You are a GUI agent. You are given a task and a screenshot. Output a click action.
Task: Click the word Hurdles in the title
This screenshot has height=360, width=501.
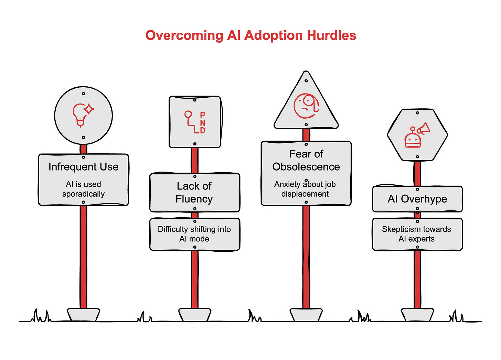(x=331, y=35)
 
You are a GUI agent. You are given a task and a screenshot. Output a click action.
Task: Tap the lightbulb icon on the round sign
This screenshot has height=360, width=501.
(x=83, y=114)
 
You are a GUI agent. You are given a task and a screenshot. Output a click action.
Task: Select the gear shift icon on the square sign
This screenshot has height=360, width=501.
(x=195, y=122)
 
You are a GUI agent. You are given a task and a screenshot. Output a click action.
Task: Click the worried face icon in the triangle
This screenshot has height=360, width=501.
(x=306, y=106)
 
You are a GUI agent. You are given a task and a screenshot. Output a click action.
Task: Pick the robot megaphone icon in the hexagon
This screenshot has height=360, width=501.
(x=417, y=135)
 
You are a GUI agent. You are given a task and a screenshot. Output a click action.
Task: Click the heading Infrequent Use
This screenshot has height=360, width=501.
(x=83, y=167)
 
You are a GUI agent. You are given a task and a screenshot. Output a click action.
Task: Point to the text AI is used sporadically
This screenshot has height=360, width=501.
(x=83, y=189)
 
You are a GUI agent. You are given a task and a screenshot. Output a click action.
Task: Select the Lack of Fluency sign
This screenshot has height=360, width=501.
(x=194, y=193)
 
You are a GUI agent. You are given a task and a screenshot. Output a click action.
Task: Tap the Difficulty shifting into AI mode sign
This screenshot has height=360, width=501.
(x=194, y=234)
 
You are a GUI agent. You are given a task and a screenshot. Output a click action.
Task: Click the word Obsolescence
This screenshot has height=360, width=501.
(x=306, y=167)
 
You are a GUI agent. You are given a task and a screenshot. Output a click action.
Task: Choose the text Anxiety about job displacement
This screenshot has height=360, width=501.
(x=305, y=189)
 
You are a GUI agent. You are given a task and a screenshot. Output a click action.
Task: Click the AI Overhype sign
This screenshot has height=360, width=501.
(x=417, y=199)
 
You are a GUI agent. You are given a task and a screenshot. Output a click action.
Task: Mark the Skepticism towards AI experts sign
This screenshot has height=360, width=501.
(x=417, y=234)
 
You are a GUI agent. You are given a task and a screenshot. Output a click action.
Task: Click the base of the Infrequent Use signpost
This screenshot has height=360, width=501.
(x=83, y=315)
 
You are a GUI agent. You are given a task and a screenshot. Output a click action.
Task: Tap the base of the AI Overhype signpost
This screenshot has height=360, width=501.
(x=417, y=315)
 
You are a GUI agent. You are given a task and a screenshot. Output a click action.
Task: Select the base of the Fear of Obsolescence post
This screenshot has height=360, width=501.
(x=306, y=315)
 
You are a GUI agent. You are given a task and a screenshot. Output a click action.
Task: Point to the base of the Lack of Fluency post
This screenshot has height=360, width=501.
(x=194, y=315)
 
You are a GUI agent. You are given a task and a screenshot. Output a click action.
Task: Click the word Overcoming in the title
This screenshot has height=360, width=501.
(x=184, y=35)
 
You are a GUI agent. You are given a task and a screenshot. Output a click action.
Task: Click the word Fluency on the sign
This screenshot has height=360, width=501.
(x=194, y=199)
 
